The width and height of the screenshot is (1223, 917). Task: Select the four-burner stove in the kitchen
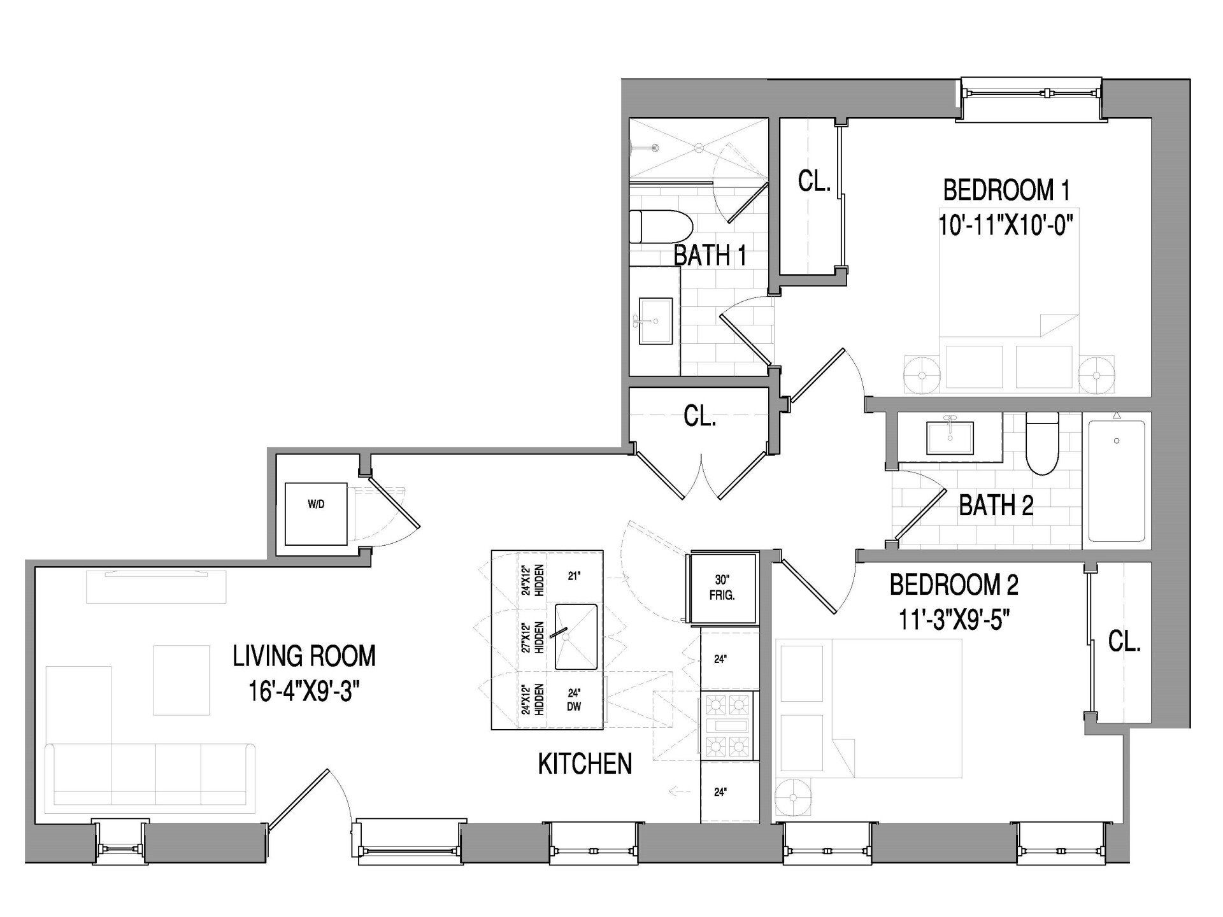coord(727,725)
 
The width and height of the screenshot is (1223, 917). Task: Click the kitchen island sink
coord(576,637)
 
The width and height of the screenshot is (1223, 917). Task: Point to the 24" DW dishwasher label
coord(574,700)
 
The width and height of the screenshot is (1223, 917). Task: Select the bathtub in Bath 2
coord(1117,480)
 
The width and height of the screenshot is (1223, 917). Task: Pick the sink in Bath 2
coord(950,437)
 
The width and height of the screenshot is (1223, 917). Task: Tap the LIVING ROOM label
coord(304,656)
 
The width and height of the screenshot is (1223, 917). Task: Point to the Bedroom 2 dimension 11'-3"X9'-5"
coord(954,619)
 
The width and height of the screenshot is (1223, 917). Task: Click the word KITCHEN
coord(585,764)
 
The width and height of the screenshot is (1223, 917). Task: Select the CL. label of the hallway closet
coord(699,417)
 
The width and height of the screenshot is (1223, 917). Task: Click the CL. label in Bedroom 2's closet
coord(1124,642)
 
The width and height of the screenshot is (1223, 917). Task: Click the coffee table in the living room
coord(182,679)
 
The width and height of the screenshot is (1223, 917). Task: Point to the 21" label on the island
coord(574,576)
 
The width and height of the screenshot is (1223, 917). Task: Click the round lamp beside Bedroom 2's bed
coord(793,798)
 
